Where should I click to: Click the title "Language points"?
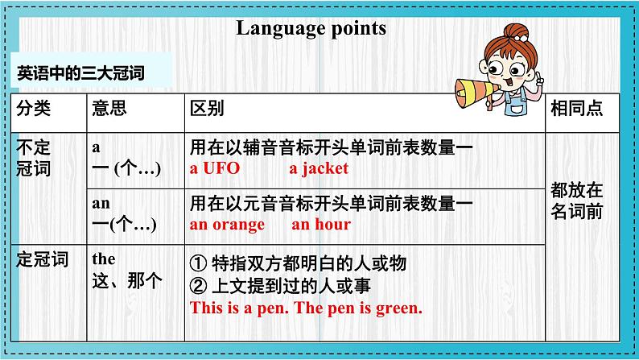point(311,29)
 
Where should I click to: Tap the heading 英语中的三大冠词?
point(80,73)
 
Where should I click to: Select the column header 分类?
point(34,109)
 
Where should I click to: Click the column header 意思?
point(109,109)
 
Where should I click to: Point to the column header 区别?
point(207,109)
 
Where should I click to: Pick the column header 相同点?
point(576,109)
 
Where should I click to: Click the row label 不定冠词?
point(34,158)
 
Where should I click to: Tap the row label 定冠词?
point(43,259)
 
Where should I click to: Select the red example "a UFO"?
point(215,168)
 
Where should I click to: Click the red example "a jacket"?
point(319,169)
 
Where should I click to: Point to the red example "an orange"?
point(227,225)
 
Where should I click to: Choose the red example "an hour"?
point(321,224)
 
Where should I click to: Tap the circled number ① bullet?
point(199,263)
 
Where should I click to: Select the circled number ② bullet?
point(199,286)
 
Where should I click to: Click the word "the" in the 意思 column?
point(104,259)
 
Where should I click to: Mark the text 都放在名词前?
point(576,201)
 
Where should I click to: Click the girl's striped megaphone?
point(476,93)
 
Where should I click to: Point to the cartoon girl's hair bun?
point(516,32)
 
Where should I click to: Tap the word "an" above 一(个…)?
point(101,203)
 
